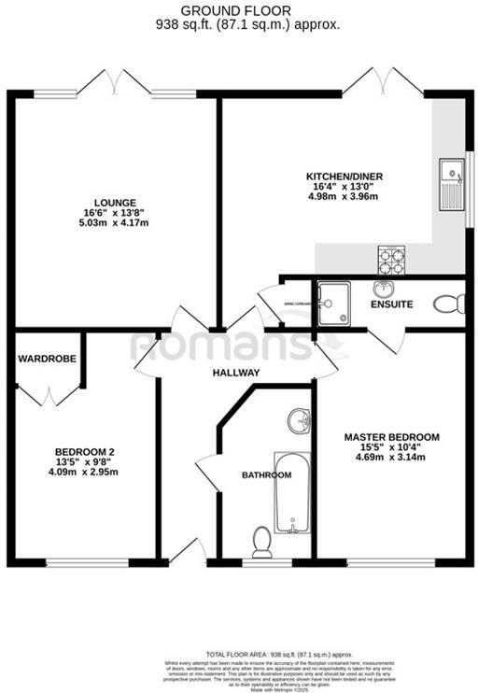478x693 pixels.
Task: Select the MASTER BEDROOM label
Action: click(x=391, y=436)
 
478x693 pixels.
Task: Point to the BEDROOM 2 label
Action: click(x=84, y=452)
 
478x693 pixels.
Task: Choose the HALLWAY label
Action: click(x=234, y=373)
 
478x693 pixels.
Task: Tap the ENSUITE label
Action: click(x=391, y=304)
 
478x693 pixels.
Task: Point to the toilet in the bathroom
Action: click(x=261, y=540)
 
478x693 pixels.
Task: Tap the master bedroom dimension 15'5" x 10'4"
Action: click(x=391, y=447)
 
